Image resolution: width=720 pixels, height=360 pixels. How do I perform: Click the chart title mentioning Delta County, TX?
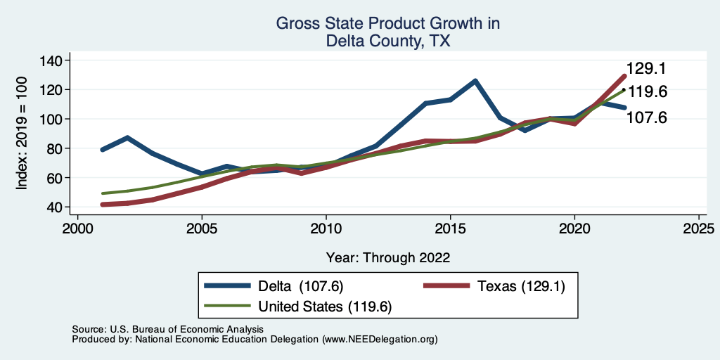387,32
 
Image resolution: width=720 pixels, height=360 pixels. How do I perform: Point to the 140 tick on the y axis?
52,60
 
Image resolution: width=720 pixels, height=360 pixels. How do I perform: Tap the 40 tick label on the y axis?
52,207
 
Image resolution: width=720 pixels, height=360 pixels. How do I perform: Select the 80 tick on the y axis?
52,148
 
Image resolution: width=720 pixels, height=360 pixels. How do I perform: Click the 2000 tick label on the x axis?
77,229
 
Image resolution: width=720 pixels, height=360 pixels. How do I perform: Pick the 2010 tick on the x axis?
326,229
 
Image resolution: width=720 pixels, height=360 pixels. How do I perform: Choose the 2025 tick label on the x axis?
699,229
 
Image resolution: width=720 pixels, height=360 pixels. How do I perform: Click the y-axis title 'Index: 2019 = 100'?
22,134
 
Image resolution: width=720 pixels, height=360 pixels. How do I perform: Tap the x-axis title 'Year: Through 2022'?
387,257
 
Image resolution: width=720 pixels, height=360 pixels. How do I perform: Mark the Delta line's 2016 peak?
475,81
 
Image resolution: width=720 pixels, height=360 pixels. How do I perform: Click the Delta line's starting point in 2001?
103,150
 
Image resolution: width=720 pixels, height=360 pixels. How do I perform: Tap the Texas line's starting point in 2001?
103,205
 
